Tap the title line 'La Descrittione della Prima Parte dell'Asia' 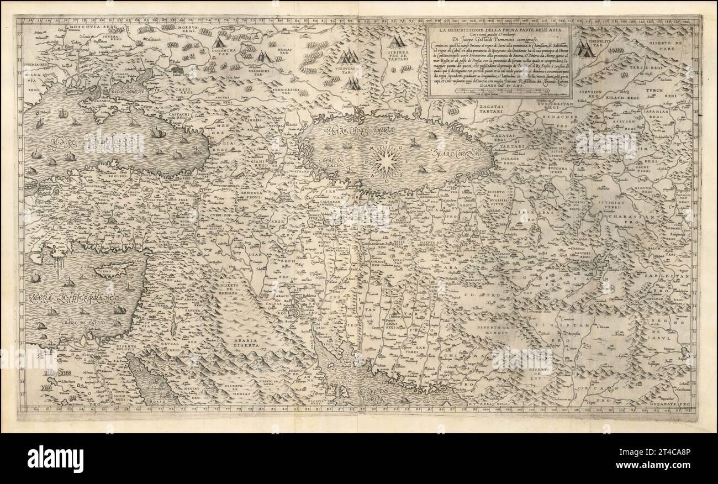pos(499,30)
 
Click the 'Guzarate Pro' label pos(671,405)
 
